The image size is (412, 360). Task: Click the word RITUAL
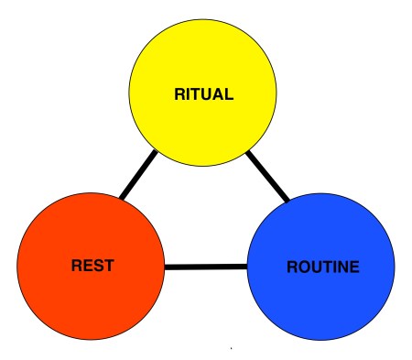coord(204,93)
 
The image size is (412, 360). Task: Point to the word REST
coord(92,267)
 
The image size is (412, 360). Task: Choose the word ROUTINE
coord(323,267)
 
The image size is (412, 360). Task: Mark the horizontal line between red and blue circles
coord(206,267)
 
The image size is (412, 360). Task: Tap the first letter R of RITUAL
coord(179,93)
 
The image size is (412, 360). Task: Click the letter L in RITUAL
coord(230,93)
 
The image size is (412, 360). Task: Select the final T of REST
coord(108,267)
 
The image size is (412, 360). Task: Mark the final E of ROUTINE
coord(353,267)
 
